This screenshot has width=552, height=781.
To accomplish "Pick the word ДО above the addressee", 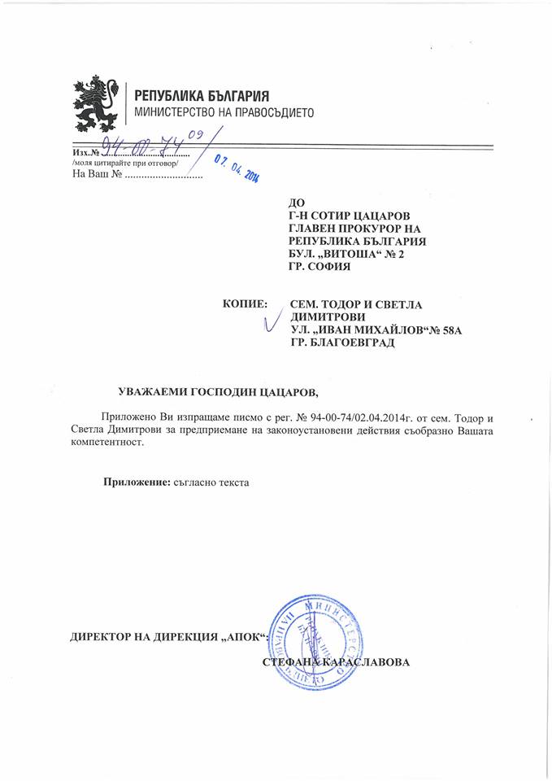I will click(297, 203).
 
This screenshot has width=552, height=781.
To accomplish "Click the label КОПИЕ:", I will click(245, 303).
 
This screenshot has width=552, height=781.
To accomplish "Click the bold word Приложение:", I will click(137, 482).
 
